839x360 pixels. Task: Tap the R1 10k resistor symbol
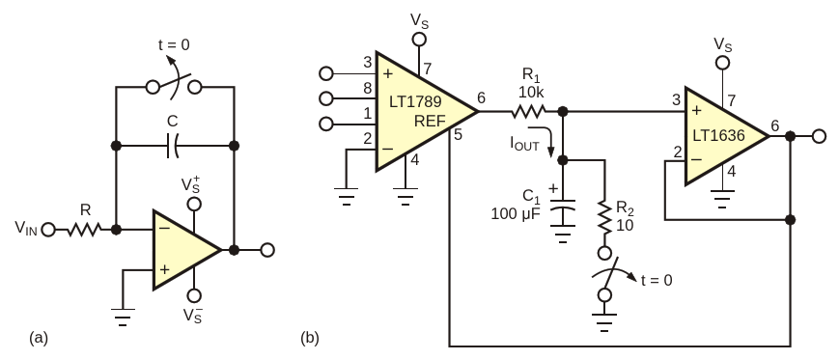pos(529,111)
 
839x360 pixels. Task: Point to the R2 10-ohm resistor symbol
pos(604,216)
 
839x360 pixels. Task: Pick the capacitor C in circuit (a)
pos(173,146)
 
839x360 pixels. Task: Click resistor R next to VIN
pos(84,230)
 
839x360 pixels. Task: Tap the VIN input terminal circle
pos(48,231)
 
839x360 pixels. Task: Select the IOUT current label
pos(524,144)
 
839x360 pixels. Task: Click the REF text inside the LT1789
pos(430,122)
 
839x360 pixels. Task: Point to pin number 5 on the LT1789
pos(458,134)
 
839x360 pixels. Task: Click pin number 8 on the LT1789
pos(368,88)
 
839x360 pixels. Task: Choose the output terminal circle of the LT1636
pos(819,136)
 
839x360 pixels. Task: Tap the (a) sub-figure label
pos(39,338)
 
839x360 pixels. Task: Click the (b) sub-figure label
pos(310,338)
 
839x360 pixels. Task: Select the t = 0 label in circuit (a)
pos(174,45)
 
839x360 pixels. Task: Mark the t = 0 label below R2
pos(657,280)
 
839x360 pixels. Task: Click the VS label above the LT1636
pos(723,44)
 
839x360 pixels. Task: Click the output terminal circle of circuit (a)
pos(267,250)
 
